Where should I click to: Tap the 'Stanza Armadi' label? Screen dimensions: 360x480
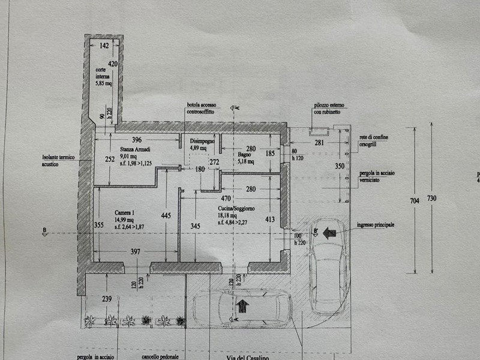[x=119, y=149]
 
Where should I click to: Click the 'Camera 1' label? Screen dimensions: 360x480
[x=125, y=212]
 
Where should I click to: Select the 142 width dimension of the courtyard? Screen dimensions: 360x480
[x=104, y=46]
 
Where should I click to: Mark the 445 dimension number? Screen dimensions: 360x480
[x=166, y=215]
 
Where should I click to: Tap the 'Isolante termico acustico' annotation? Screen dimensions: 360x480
[x=58, y=160]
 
